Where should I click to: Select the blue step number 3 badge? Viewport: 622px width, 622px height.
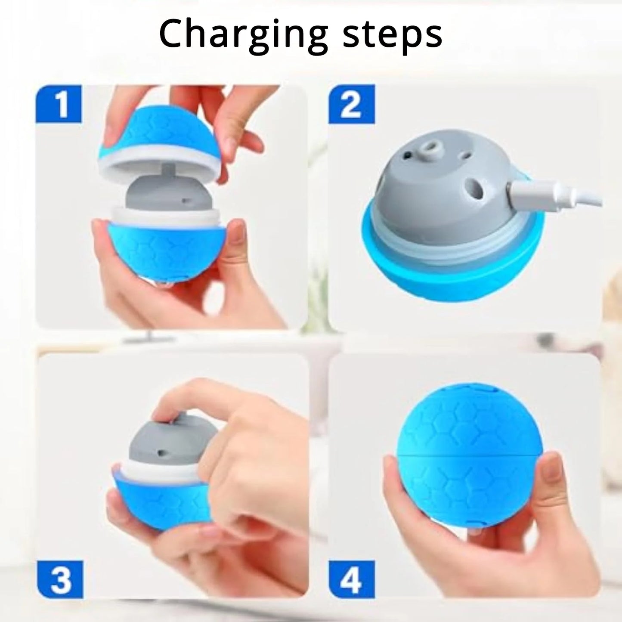(60, 579)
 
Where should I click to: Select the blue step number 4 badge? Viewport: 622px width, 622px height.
(351, 579)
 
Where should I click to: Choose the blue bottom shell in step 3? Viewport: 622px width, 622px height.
(159, 499)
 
